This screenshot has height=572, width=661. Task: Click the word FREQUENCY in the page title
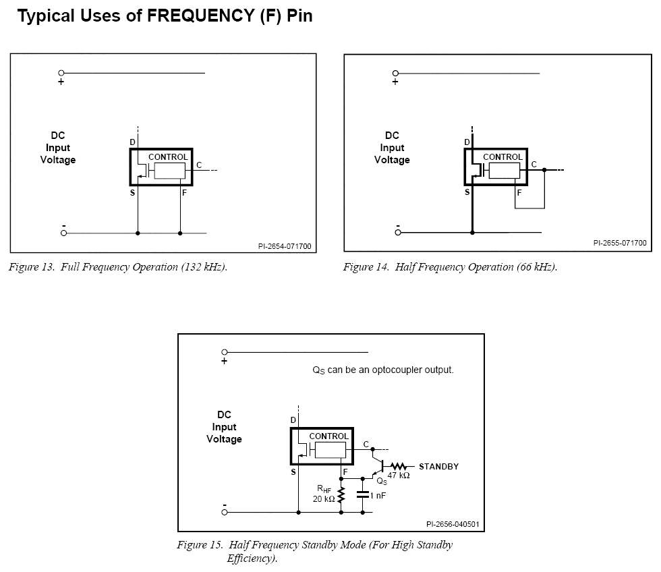click(201, 16)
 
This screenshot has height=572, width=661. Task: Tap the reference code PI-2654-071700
click(285, 246)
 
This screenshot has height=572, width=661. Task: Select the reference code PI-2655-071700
click(620, 243)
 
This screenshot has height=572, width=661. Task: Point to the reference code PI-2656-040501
click(453, 524)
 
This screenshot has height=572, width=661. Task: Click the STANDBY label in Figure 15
click(439, 467)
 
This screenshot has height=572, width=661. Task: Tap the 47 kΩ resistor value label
click(399, 476)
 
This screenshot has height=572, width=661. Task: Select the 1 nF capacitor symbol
click(363, 495)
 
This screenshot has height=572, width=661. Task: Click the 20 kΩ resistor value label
click(324, 498)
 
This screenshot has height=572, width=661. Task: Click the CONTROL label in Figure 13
click(168, 156)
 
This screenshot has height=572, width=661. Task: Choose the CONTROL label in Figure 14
click(502, 156)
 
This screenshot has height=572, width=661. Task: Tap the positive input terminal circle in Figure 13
click(61, 73)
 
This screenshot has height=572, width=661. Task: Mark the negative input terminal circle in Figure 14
click(398, 232)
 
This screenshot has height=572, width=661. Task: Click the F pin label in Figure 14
click(519, 193)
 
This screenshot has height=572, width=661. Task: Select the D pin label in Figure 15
click(293, 420)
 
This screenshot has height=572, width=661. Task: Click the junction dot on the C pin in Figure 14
click(544, 170)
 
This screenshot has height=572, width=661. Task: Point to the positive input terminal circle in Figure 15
click(224, 352)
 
